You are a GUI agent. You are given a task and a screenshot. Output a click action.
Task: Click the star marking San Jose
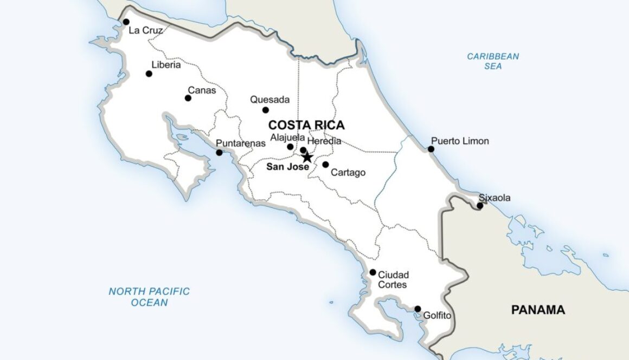(307, 158)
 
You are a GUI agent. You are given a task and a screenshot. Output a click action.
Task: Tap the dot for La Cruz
(126, 22)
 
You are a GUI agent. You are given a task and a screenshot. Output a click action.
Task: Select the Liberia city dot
(149, 74)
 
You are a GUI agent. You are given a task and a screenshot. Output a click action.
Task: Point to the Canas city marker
(188, 98)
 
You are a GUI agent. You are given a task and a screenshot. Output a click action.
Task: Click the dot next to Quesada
(266, 110)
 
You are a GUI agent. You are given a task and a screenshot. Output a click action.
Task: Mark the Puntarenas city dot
(219, 153)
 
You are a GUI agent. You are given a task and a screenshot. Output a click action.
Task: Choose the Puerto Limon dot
(431, 149)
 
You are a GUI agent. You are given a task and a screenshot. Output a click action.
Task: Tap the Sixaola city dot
(480, 206)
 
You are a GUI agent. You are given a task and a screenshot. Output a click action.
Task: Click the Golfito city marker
(418, 309)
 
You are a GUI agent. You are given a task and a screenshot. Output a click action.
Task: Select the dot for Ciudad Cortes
(373, 272)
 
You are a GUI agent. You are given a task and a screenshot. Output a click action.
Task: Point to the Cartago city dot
(325, 165)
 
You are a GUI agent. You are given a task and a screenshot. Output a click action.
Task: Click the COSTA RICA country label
(306, 125)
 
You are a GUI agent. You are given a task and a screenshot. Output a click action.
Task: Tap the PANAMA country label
(538, 310)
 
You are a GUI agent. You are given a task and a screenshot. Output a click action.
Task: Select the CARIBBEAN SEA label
(493, 61)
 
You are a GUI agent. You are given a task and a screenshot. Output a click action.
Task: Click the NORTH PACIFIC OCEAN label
(149, 297)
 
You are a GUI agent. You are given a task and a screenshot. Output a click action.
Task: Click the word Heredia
(324, 141)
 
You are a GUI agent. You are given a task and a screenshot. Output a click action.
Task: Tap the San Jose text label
(287, 167)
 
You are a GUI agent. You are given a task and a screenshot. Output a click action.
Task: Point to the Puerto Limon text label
(460, 141)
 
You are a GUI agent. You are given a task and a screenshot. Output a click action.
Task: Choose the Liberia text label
(166, 64)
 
